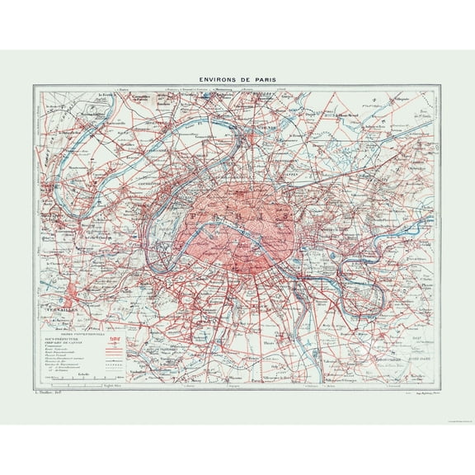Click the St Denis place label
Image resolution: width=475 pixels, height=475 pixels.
[x=266, y=129]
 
